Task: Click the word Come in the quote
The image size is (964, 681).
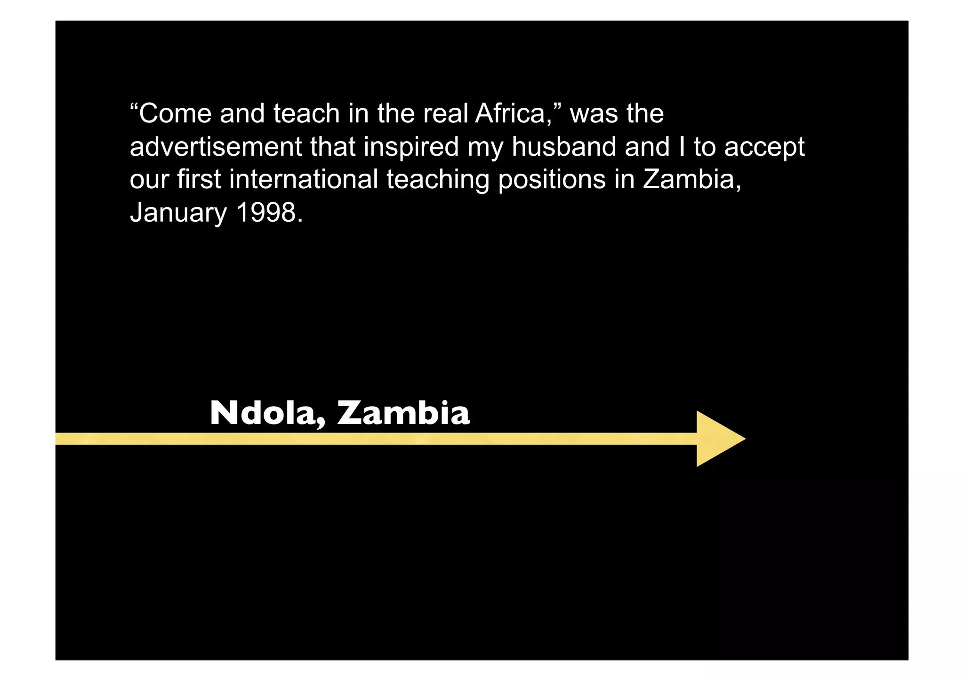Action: [175, 114]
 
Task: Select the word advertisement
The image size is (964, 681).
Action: [216, 147]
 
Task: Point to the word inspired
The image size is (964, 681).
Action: [411, 148]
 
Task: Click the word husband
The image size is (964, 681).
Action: [564, 147]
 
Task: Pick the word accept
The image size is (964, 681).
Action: [764, 148]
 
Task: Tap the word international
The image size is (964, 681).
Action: [304, 180]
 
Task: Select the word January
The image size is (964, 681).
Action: [178, 213]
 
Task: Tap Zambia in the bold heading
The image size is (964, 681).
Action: [404, 413]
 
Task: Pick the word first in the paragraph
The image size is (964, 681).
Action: [199, 180]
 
